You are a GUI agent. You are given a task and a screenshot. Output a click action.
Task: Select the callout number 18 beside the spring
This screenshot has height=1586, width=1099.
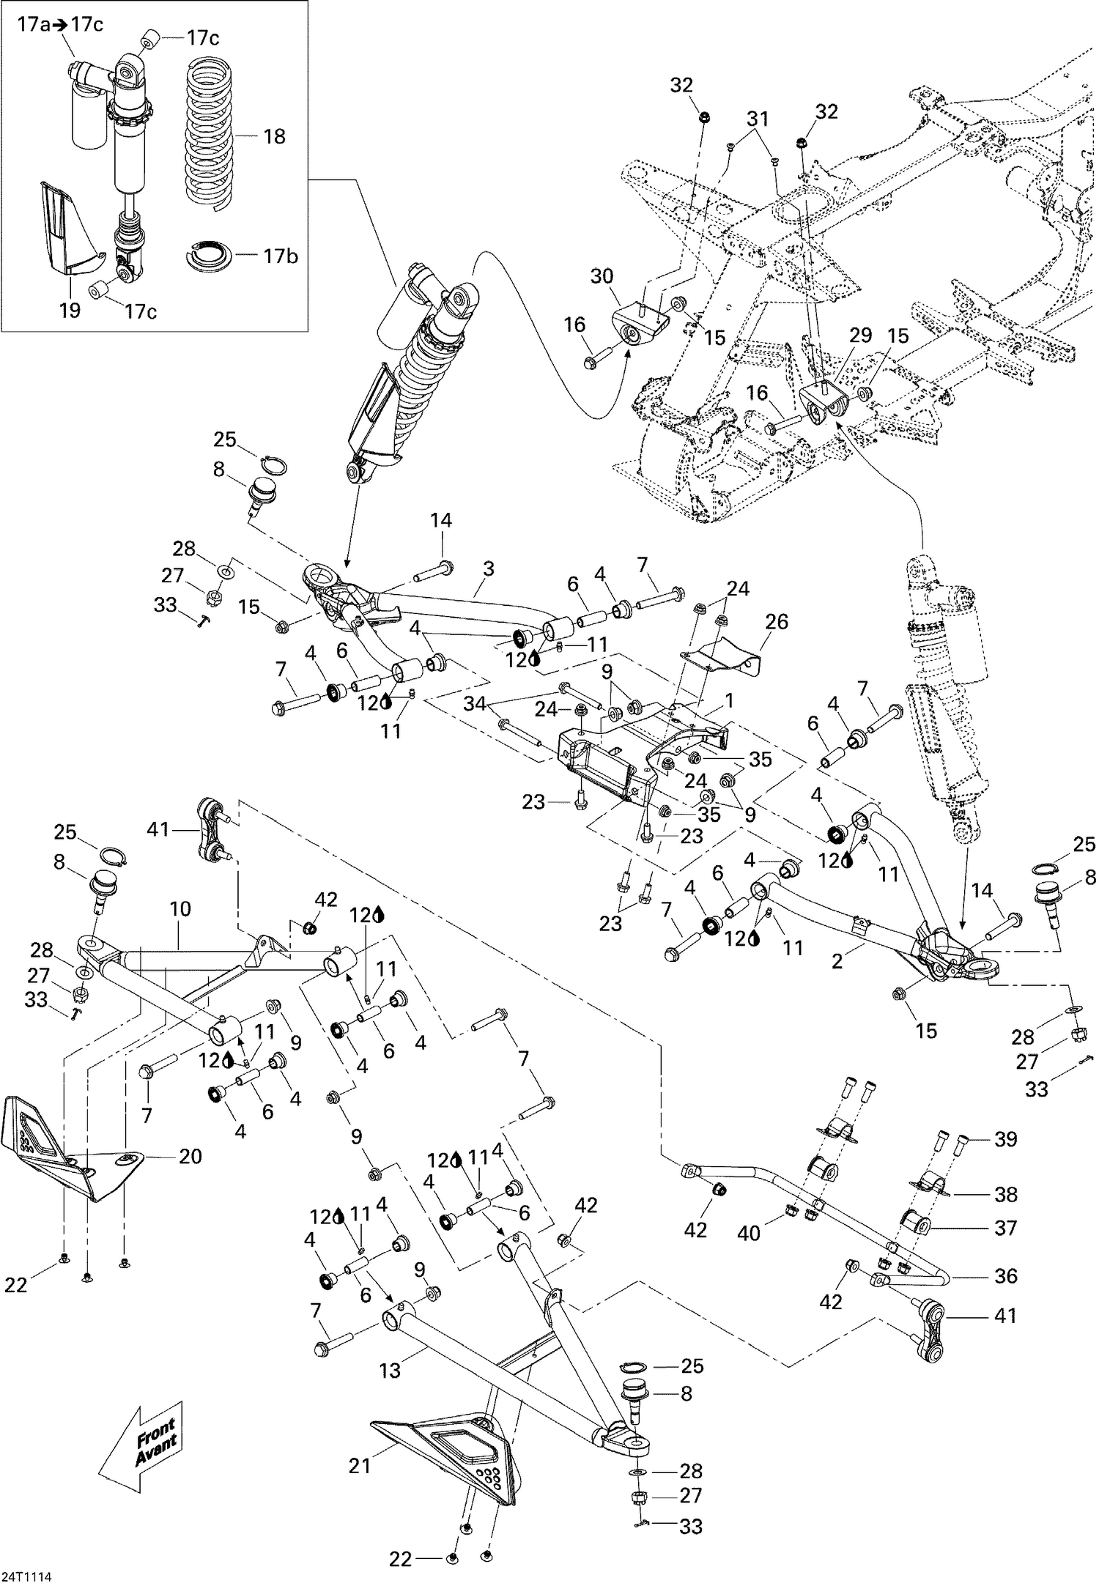click(x=274, y=137)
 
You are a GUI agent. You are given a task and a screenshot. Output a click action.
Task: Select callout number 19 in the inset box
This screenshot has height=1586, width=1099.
click(x=70, y=311)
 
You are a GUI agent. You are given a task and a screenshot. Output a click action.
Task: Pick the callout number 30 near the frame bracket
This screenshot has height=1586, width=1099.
click(x=602, y=276)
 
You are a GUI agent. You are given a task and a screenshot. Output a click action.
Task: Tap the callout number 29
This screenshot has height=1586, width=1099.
click(x=860, y=336)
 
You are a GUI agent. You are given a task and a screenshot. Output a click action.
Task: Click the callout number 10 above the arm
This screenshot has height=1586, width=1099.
click(x=180, y=909)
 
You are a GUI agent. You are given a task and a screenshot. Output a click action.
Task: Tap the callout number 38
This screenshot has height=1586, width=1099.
click(x=1006, y=1194)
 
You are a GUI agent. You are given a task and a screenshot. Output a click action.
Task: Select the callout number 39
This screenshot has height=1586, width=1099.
click(x=1006, y=1139)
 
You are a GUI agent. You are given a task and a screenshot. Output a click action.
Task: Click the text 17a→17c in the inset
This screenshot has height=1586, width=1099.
click(x=59, y=25)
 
